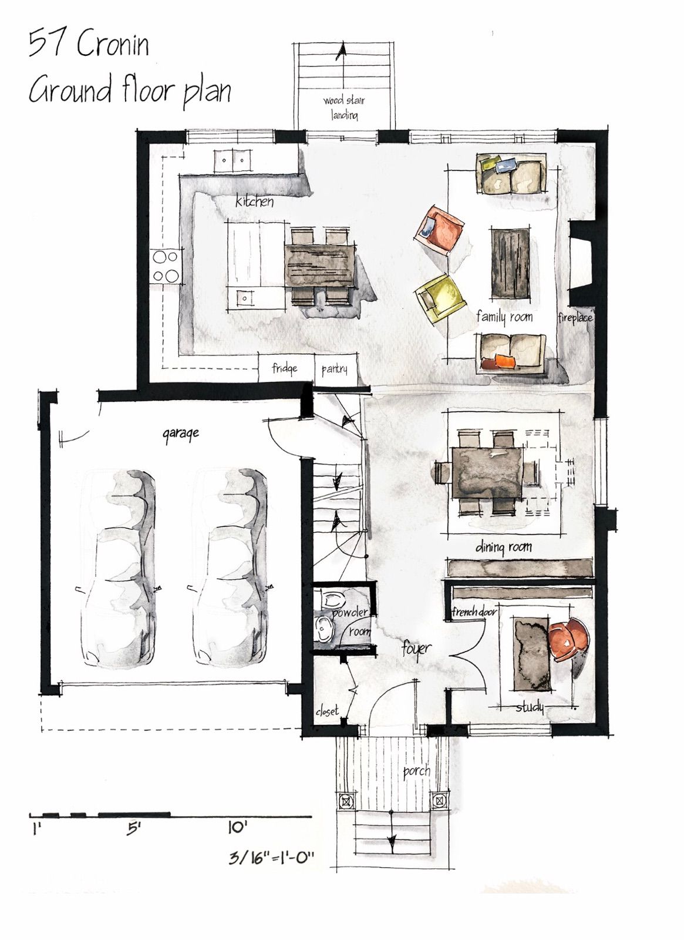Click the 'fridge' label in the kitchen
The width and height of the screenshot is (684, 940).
tap(284, 368)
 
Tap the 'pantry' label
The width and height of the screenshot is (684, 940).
tap(335, 369)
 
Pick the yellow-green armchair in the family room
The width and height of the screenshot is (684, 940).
tap(439, 297)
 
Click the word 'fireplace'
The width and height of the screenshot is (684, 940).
tap(575, 317)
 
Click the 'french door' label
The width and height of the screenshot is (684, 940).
tap(474, 612)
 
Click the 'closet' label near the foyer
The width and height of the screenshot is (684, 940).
tap(327, 711)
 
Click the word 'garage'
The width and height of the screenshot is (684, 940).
tap(181, 434)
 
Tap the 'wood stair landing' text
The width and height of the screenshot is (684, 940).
tap(344, 108)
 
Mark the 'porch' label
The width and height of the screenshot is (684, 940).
tap(416, 771)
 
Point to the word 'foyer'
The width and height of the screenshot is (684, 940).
tap(416, 649)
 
